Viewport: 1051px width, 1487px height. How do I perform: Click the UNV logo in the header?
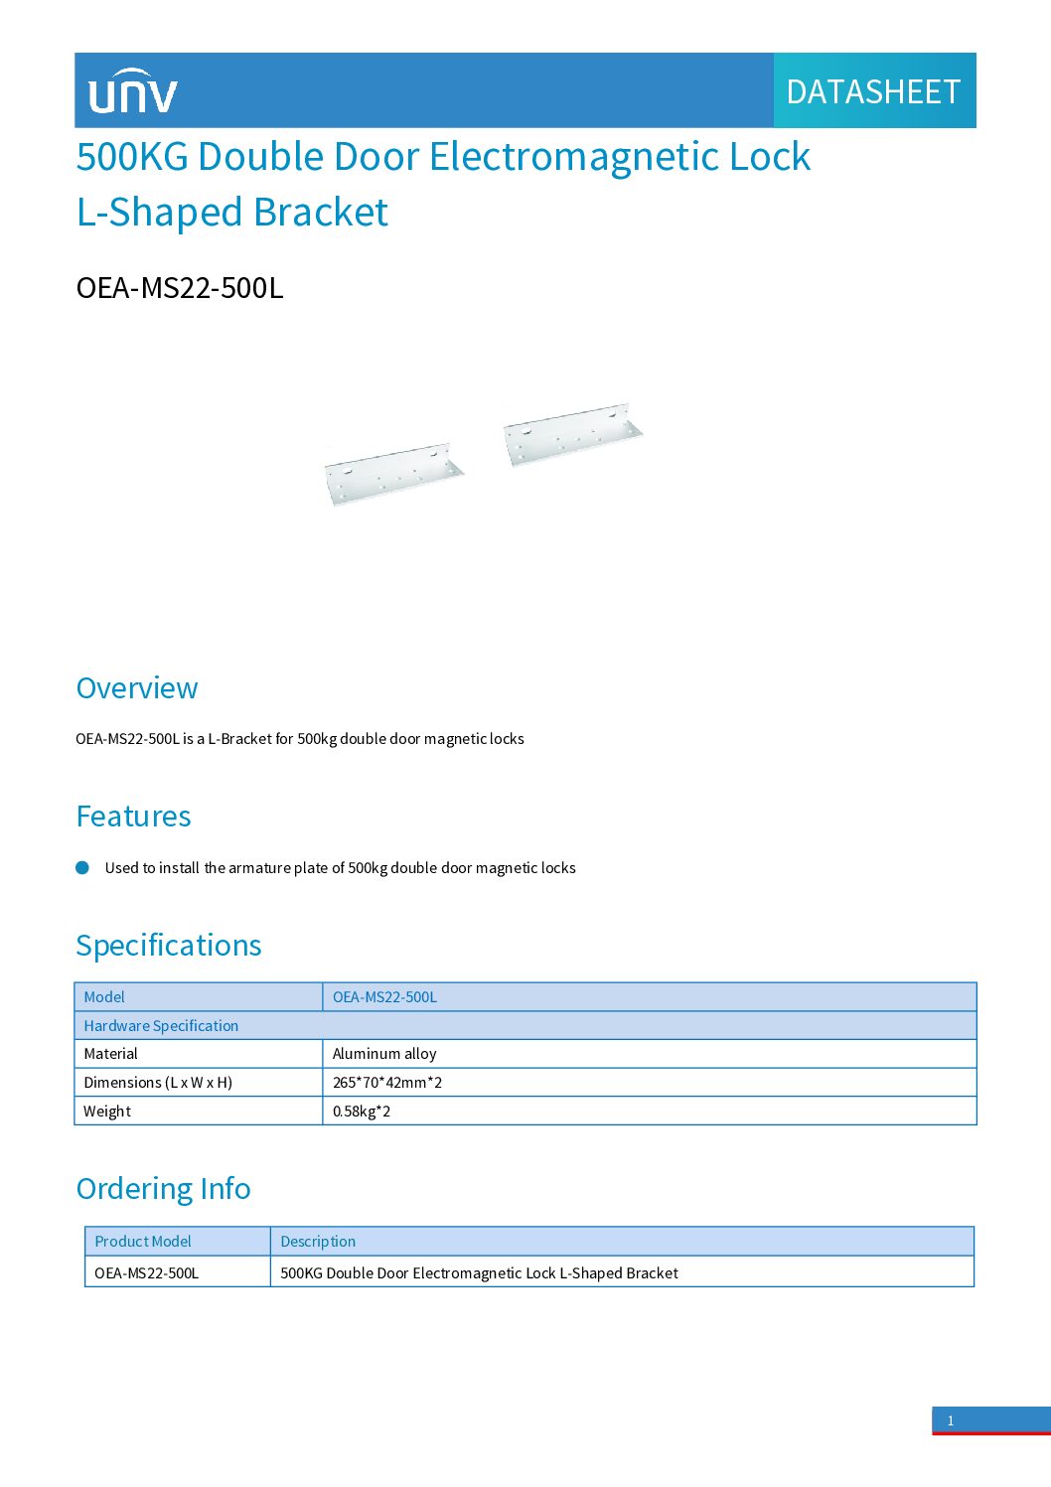click(132, 91)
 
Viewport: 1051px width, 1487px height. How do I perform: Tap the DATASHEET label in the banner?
click(873, 91)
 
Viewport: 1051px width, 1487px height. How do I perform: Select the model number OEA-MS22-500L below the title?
click(180, 288)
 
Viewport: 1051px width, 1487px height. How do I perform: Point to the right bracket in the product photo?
click(572, 434)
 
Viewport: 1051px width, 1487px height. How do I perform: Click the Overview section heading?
click(137, 688)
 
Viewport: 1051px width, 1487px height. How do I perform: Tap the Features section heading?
click(134, 817)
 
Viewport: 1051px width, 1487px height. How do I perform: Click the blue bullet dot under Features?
click(82, 867)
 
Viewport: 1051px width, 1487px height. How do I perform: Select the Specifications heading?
click(169, 946)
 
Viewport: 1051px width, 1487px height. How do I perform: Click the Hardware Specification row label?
click(161, 1026)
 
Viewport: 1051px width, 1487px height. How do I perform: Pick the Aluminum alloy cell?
click(384, 1054)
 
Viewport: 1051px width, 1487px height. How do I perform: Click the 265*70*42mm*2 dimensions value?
click(387, 1083)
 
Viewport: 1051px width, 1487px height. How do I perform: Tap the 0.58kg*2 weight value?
click(362, 1112)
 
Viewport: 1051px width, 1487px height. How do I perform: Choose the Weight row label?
click(107, 1112)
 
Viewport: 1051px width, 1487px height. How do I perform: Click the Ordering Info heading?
click(164, 1189)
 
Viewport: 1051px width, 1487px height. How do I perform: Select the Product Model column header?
click(143, 1242)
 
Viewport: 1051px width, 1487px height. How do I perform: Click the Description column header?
click(318, 1242)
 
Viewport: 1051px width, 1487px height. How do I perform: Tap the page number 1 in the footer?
click(951, 1420)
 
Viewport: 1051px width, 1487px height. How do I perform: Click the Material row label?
click(111, 1054)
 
